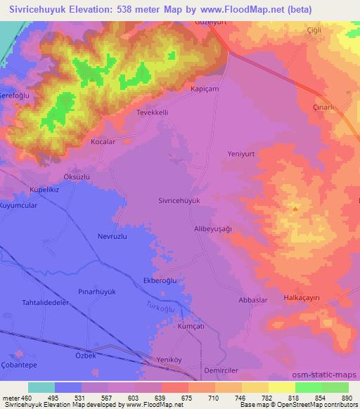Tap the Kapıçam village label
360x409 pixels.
tap(205, 90)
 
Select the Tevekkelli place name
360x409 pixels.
tap(152, 112)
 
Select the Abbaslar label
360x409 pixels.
tap(253, 300)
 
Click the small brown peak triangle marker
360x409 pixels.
tap(295, 208)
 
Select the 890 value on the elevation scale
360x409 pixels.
tap(346, 398)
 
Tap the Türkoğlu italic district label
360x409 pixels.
tap(160, 307)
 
